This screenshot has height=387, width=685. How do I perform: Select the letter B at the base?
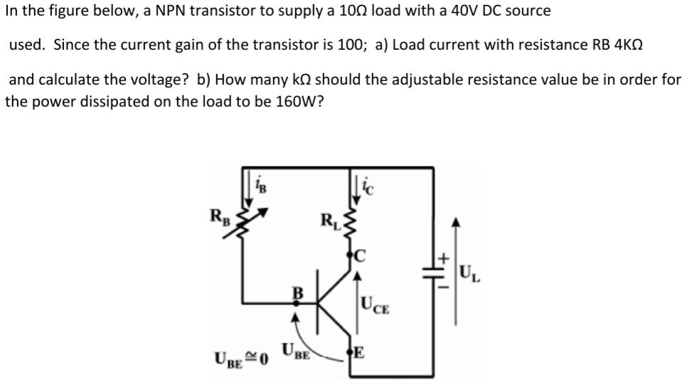tap(298, 292)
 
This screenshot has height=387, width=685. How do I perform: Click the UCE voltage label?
tap(375, 307)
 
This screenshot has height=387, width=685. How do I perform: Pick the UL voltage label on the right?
tap(470, 271)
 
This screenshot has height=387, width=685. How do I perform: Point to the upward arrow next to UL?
tap(456, 270)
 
